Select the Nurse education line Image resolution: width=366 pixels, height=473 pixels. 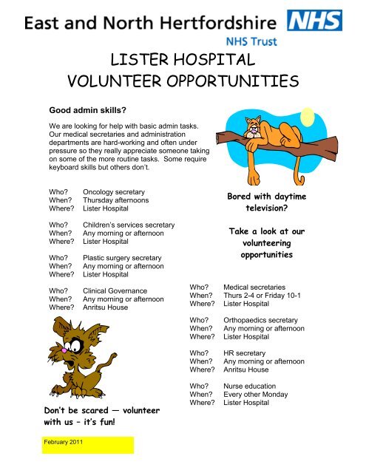(x=251, y=386)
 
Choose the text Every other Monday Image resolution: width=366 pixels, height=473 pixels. (x=256, y=395)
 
